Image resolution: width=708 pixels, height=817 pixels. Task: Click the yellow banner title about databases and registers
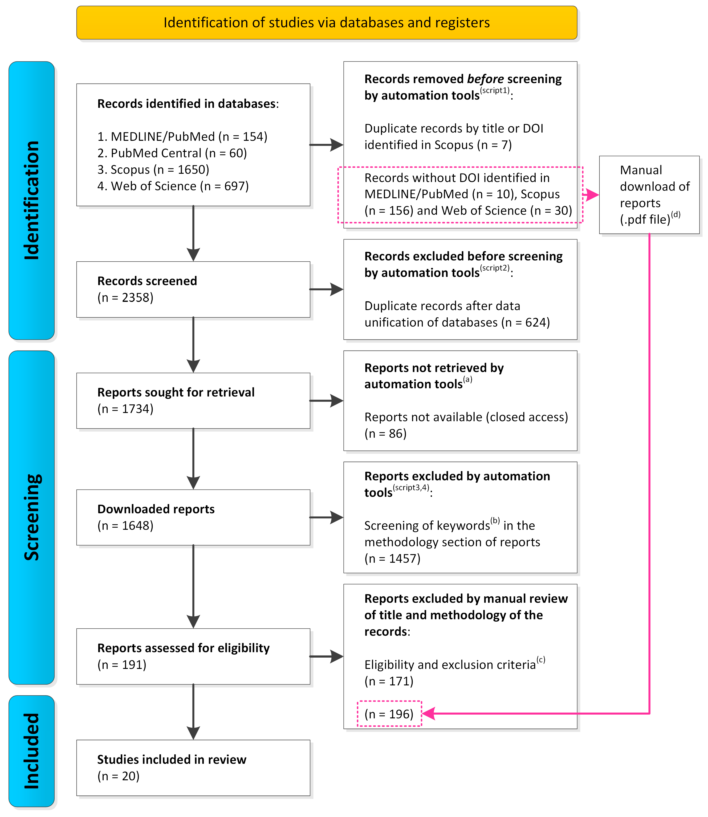click(326, 23)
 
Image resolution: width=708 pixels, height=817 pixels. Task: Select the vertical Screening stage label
click(32, 517)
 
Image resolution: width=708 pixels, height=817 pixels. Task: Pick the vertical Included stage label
click(32, 751)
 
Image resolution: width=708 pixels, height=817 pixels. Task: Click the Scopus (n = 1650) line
click(153, 169)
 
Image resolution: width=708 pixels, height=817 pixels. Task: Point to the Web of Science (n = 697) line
click(173, 186)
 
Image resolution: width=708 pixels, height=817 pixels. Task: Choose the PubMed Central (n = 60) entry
click(172, 153)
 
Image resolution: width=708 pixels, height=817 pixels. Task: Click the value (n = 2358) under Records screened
click(125, 297)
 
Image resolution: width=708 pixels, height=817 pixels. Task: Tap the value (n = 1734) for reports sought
click(125, 409)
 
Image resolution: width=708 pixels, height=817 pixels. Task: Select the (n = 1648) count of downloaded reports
click(125, 526)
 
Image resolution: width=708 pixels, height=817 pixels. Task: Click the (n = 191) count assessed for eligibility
click(122, 665)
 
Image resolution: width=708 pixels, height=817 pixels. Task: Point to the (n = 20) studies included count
click(118, 776)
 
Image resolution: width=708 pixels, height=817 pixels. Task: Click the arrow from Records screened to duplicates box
click(326, 289)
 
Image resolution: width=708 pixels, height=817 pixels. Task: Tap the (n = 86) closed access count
click(385, 433)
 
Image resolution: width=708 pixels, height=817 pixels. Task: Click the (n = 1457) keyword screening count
click(392, 558)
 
